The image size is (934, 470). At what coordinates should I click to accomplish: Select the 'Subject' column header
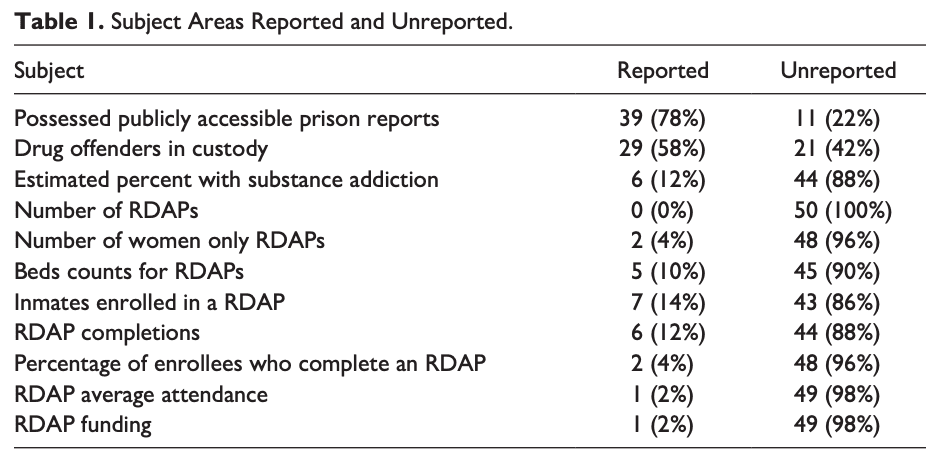(x=49, y=71)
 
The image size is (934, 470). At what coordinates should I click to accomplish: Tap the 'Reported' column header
(x=662, y=71)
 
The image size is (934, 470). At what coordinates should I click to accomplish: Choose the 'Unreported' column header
(x=838, y=71)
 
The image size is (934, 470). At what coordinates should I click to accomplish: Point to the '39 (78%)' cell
(x=662, y=119)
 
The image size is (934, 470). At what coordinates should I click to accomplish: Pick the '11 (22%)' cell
(x=838, y=119)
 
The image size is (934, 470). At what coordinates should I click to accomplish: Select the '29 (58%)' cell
(x=662, y=150)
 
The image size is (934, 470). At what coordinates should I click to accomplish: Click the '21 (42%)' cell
(x=838, y=150)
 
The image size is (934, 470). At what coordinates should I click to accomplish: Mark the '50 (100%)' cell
(x=838, y=211)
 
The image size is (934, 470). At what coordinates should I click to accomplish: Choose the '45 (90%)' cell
(x=838, y=272)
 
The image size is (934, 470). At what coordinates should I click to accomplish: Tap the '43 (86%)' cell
(x=838, y=302)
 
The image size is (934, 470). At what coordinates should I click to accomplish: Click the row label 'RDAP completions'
(x=107, y=333)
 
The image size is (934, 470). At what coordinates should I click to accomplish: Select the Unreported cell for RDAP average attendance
(x=838, y=394)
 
